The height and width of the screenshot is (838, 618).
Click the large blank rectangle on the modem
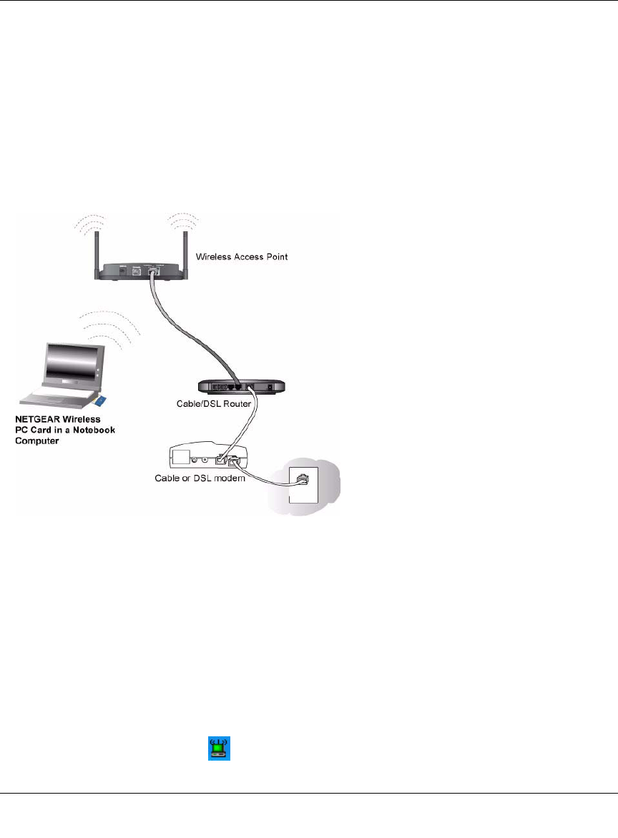[180, 456]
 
